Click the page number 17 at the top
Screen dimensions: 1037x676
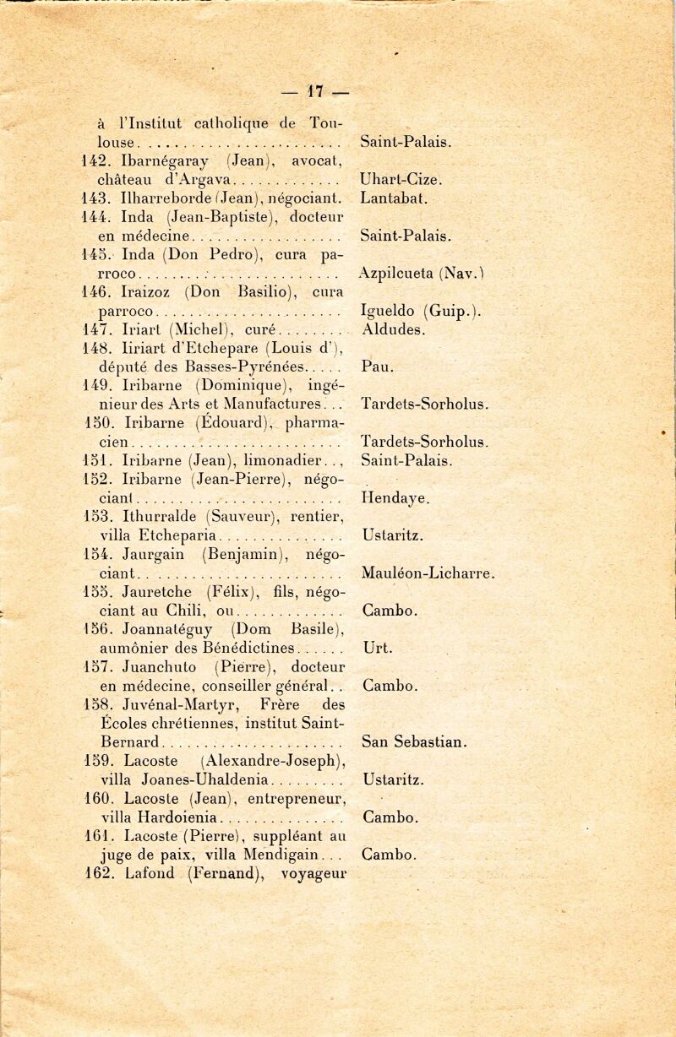click(316, 89)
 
